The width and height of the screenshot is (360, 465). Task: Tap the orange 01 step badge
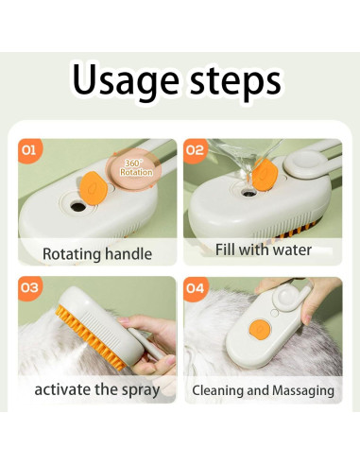[x=29, y=150]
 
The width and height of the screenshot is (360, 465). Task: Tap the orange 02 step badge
[x=195, y=150]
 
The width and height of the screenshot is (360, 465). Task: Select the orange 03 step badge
[x=29, y=288]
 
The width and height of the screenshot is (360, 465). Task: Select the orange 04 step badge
[x=195, y=288]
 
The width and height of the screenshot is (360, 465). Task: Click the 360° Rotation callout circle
[x=133, y=168]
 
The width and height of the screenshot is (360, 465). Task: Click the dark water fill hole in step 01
[x=77, y=207]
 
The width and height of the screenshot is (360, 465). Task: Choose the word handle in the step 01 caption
[x=129, y=253]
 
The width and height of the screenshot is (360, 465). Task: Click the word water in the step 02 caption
[x=292, y=250]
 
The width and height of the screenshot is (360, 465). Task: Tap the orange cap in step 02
[x=266, y=175]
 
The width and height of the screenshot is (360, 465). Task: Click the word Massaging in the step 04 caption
[x=303, y=391]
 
